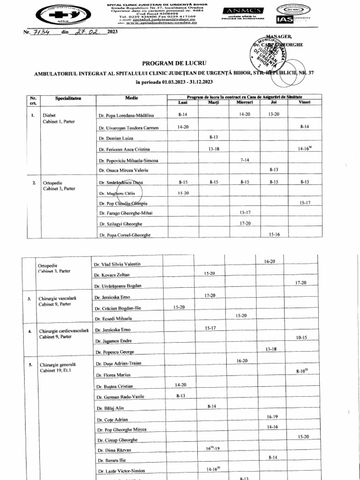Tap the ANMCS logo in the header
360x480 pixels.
[238, 11]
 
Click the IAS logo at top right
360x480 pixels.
[285, 20]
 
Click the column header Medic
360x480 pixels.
[131, 98]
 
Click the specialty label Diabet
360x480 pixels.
[49, 115]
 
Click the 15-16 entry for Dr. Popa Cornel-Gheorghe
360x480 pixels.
[275, 234]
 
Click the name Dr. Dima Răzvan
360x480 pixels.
[114, 450]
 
